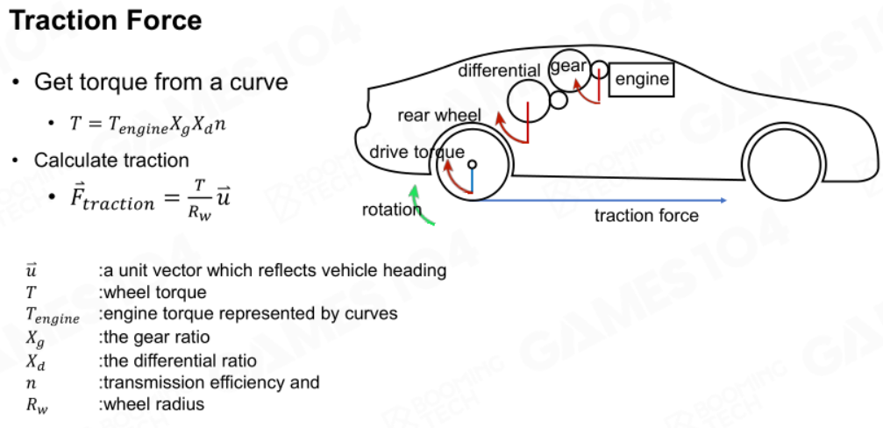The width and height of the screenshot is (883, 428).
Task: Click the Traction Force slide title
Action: pyautogui.click(x=106, y=21)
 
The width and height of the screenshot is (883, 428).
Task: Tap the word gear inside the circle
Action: pyautogui.click(x=568, y=67)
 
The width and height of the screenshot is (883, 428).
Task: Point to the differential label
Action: pyautogui.click(x=499, y=71)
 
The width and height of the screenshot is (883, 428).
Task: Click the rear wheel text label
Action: pyautogui.click(x=439, y=116)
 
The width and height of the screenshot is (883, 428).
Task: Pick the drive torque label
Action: pyautogui.click(x=417, y=152)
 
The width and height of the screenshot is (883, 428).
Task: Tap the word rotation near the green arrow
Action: pyautogui.click(x=391, y=210)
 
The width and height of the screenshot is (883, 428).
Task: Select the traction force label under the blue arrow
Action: pyautogui.click(x=646, y=216)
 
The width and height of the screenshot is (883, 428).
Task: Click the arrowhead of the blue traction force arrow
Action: pyautogui.click(x=723, y=201)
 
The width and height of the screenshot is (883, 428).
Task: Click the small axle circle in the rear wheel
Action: pyautogui.click(x=472, y=164)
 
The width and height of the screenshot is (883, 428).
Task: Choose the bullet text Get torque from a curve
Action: pyautogui.click(x=161, y=82)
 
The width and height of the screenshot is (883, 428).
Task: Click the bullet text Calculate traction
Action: pyautogui.click(x=111, y=160)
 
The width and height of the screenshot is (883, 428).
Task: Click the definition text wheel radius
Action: pyautogui.click(x=151, y=404)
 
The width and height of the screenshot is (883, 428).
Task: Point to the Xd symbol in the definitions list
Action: pyautogui.click(x=35, y=361)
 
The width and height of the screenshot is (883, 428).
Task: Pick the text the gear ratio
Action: pyautogui.click(x=153, y=338)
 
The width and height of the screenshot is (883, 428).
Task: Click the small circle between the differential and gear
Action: pyautogui.click(x=558, y=100)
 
